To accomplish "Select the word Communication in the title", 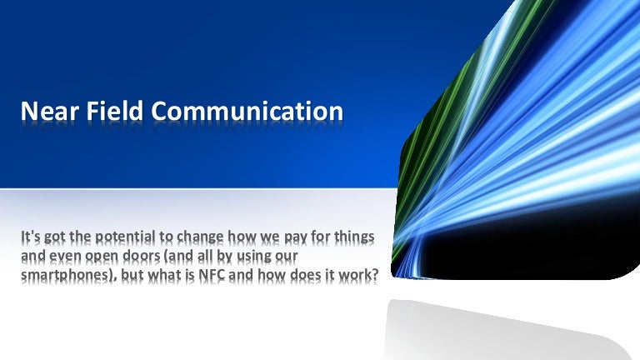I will coord(244,112).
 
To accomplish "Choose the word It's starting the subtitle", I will coord(32,237).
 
